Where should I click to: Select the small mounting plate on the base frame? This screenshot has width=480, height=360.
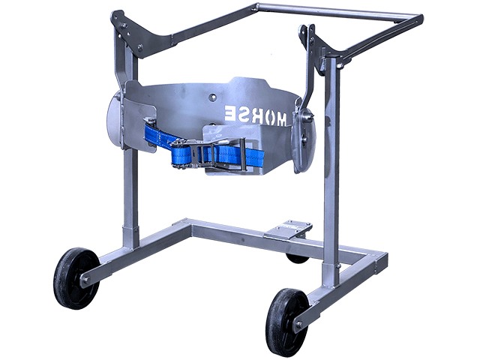click(x=290, y=231)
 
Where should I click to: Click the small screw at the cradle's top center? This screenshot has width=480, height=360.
click(x=213, y=96)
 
